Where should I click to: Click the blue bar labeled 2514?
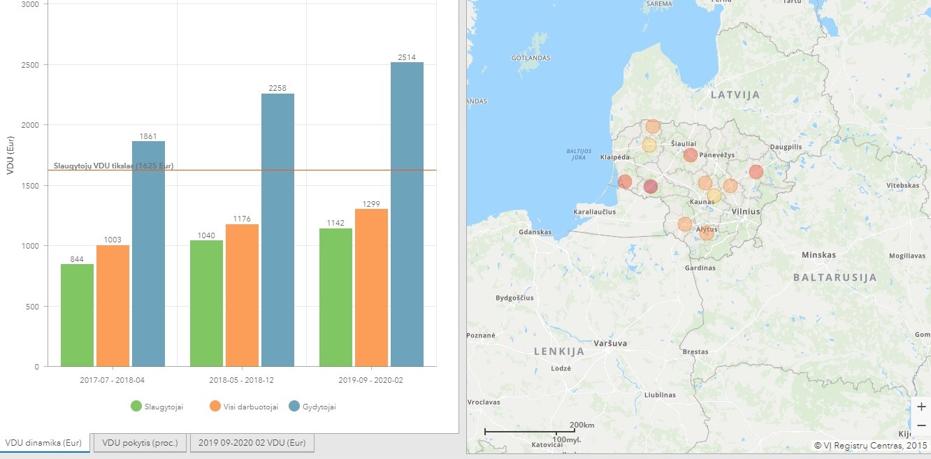coord(407,214)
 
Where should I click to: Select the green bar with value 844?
coord(77,314)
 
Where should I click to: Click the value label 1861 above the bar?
coord(148,136)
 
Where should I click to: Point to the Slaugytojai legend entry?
coord(157,407)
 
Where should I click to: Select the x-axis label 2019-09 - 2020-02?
coord(370,381)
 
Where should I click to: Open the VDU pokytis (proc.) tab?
coord(140,443)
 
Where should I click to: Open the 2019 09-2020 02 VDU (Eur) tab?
coord(252,443)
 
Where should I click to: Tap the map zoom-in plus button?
coord(921,407)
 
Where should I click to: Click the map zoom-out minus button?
coord(921,425)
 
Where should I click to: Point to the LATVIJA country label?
coord(735,94)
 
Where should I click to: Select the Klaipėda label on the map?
coord(615,157)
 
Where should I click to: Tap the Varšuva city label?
coord(609,343)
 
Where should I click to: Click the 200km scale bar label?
coord(582,425)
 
